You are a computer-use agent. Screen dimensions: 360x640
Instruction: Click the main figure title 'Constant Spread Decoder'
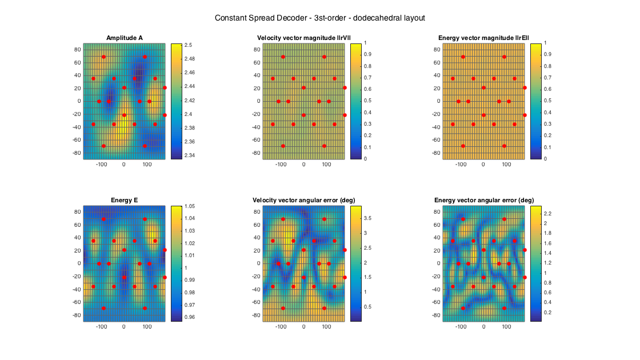[x=319, y=18]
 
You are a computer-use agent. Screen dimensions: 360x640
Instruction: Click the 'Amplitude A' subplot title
[x=125, y=38]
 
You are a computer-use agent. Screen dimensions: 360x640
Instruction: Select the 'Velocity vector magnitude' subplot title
[x=303, y=38]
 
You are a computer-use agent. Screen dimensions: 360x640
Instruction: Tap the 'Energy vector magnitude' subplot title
[x=483, y=38]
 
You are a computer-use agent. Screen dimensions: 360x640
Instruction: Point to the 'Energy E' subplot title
[x=125, y=201]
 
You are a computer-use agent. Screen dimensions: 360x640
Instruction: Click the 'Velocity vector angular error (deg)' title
[x=303, y=201]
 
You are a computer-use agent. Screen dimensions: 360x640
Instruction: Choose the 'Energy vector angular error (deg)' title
[x=483, y=201]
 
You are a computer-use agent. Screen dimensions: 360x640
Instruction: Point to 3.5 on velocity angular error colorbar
[x=369, y=218]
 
